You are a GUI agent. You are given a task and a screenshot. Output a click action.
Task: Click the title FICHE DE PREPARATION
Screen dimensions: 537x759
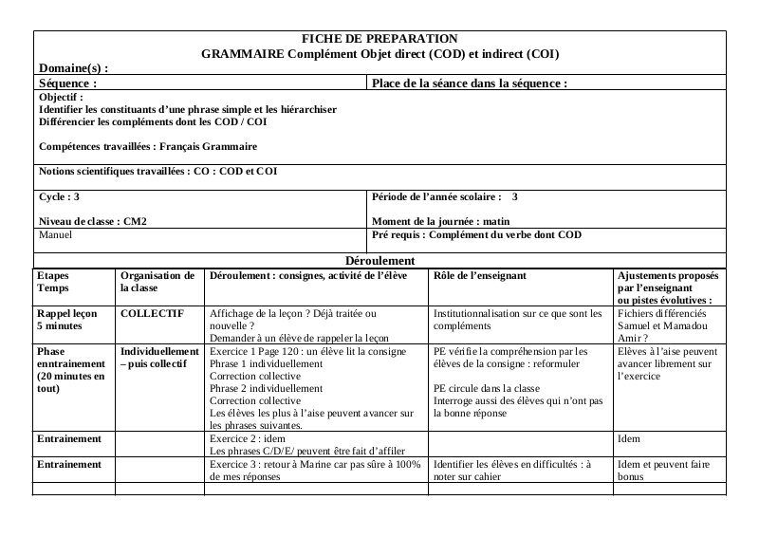(379, 39)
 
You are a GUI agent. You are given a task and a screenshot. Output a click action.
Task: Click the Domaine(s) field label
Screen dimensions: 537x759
(74, 68)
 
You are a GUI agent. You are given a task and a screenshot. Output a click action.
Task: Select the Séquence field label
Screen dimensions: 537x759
(68, 83)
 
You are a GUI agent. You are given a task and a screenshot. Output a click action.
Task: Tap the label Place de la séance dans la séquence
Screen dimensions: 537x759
(470, 83)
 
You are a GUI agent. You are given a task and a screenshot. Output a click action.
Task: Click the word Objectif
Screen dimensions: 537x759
(61, 97)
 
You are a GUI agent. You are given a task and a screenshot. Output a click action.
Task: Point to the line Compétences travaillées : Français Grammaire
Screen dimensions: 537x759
(148, 147)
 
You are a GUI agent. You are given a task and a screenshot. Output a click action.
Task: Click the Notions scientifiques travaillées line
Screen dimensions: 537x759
(157, 172)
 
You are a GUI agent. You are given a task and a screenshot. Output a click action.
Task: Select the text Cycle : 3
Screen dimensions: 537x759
(59, 197)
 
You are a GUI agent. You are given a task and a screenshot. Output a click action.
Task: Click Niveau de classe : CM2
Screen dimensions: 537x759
(93, 221)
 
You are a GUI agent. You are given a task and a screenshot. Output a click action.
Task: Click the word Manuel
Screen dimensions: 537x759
(55, 234)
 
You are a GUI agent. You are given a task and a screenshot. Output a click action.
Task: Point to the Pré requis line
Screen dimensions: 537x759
(476, 234)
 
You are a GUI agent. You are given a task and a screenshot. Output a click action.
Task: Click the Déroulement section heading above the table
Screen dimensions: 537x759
(379, 260)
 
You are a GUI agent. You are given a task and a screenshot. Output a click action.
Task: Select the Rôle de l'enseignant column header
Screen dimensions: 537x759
(479, 276)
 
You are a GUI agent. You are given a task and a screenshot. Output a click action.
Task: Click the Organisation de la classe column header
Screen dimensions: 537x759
(157, 281)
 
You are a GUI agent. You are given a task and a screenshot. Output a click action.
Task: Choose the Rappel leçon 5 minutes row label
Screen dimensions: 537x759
(66, 319)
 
